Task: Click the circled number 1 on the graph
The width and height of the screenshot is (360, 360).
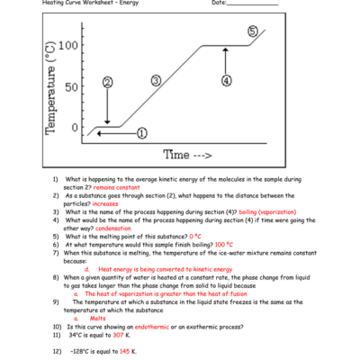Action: click(142, 133)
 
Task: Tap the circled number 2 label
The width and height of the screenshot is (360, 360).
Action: click(107, 82)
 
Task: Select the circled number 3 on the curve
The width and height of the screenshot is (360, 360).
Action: click(156, 80)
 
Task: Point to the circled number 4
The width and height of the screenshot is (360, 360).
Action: click(226, 80)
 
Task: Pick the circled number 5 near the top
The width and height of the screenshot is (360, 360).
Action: click(252, 31)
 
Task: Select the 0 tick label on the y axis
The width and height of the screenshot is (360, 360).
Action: click(76, 128)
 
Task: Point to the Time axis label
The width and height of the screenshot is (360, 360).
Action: click(188, 155)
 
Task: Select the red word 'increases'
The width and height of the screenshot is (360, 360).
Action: click(105, 203)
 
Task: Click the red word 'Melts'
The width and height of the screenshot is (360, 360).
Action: click(99, 318)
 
